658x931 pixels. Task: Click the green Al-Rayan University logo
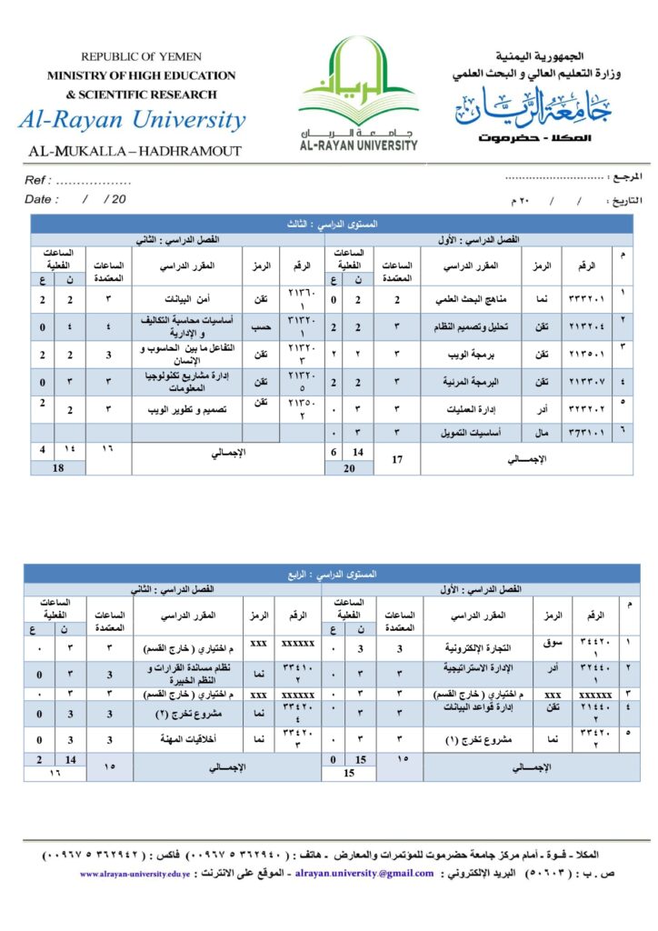click(358, 91)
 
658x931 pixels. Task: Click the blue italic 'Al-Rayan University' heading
click(132, 120)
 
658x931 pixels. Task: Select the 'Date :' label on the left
click(42, 198)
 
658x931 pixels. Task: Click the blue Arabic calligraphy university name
click(534, 107)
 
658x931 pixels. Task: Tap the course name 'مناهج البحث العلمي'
click(470, 299)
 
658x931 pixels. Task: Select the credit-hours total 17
click(396, 459)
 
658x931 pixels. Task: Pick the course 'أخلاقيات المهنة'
click(193, 740)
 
